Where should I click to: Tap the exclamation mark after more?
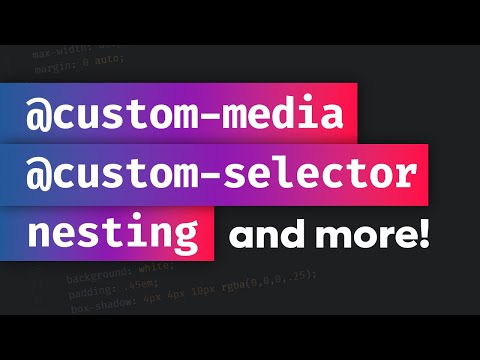pyautogui.click(x=424, y=235)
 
